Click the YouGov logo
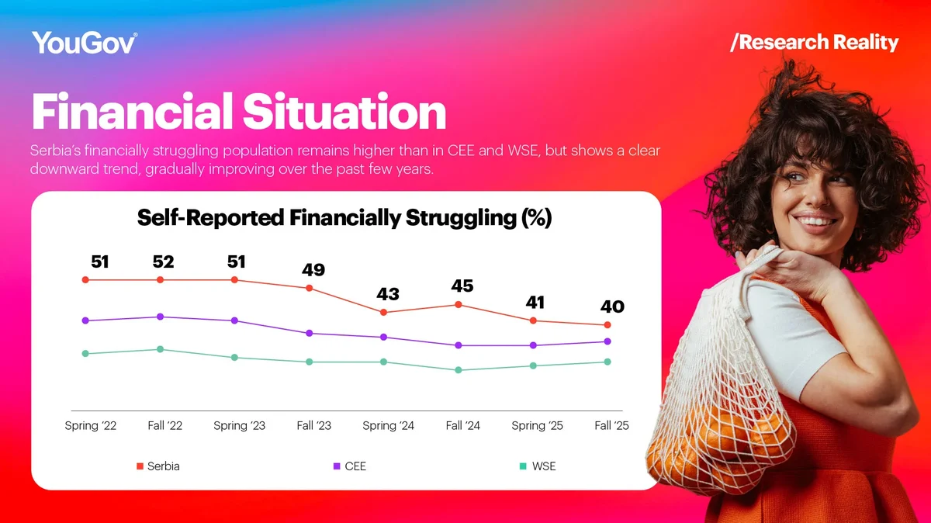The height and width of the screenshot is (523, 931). click(85, 43)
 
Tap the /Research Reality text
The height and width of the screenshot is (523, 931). click(814, 42)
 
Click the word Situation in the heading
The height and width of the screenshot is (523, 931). click(344, 112)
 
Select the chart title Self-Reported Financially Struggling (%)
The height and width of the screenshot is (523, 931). click(344, 218)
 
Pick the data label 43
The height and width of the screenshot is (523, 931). click(387, 295)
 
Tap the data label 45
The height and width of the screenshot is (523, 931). click(462, 286)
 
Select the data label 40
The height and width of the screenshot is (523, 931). click(611, 307)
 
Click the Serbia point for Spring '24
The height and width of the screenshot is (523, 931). click(383, 312)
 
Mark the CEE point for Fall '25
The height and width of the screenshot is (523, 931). click(607, 341)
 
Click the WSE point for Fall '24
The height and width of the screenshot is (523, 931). click(459, 370)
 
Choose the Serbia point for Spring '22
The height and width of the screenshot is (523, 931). click(85, 279)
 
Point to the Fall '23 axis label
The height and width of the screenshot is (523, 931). click(313, 425)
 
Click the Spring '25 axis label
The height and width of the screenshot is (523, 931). click(537, 425)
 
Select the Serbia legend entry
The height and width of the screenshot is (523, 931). click(158, 466)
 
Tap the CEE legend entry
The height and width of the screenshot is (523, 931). click(350, 466)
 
